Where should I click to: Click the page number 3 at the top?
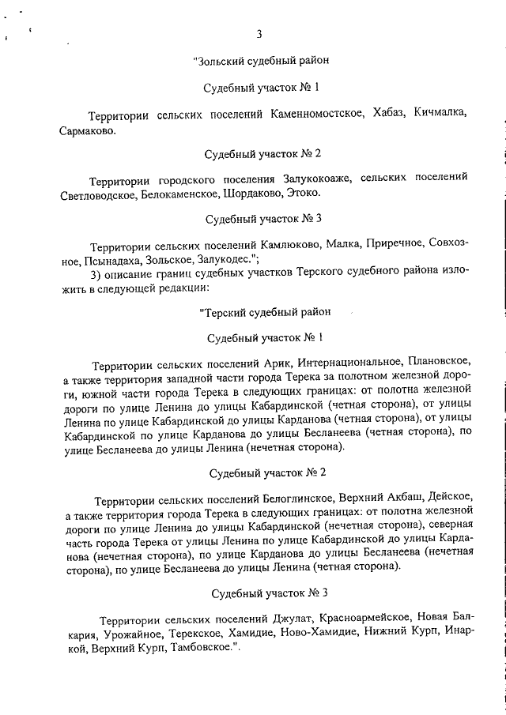point(259,33)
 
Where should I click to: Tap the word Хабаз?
point(390,114)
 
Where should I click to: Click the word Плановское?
point(440,364)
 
